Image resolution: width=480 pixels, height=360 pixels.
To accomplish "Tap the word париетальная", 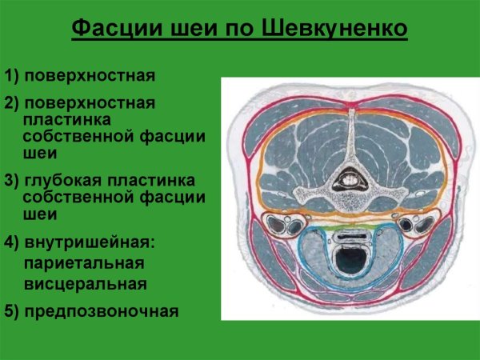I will pyautogui.click(x=83, y=262).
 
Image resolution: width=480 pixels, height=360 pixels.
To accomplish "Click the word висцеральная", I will pyautogui.click(x=85, y=284).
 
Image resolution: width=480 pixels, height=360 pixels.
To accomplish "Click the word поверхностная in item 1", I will pyautogui.click(x=89, y=77).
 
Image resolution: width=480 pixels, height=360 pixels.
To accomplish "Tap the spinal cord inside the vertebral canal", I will pyautogui.click(x=350, y=180).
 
